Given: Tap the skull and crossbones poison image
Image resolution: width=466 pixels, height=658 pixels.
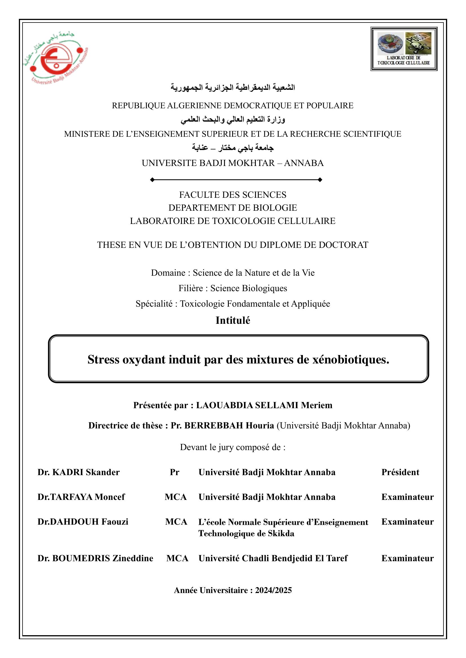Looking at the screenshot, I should [418, 44].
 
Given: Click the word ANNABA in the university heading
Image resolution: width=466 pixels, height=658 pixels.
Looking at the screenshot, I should [304, 163].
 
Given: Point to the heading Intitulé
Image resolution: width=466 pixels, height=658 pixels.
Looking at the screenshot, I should [233, 320].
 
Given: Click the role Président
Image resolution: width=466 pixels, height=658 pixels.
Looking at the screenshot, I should [400, 472].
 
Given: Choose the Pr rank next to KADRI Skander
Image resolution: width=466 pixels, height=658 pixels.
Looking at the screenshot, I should [174, 472].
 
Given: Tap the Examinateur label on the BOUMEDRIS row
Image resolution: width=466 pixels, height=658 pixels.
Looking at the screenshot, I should [407, 558].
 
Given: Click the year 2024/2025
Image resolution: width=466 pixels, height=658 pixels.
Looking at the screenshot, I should [273, 590].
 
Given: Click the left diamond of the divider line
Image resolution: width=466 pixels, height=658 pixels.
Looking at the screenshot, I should [152, 180].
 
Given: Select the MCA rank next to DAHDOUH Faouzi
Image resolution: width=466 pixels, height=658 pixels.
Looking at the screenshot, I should [176, 522].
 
